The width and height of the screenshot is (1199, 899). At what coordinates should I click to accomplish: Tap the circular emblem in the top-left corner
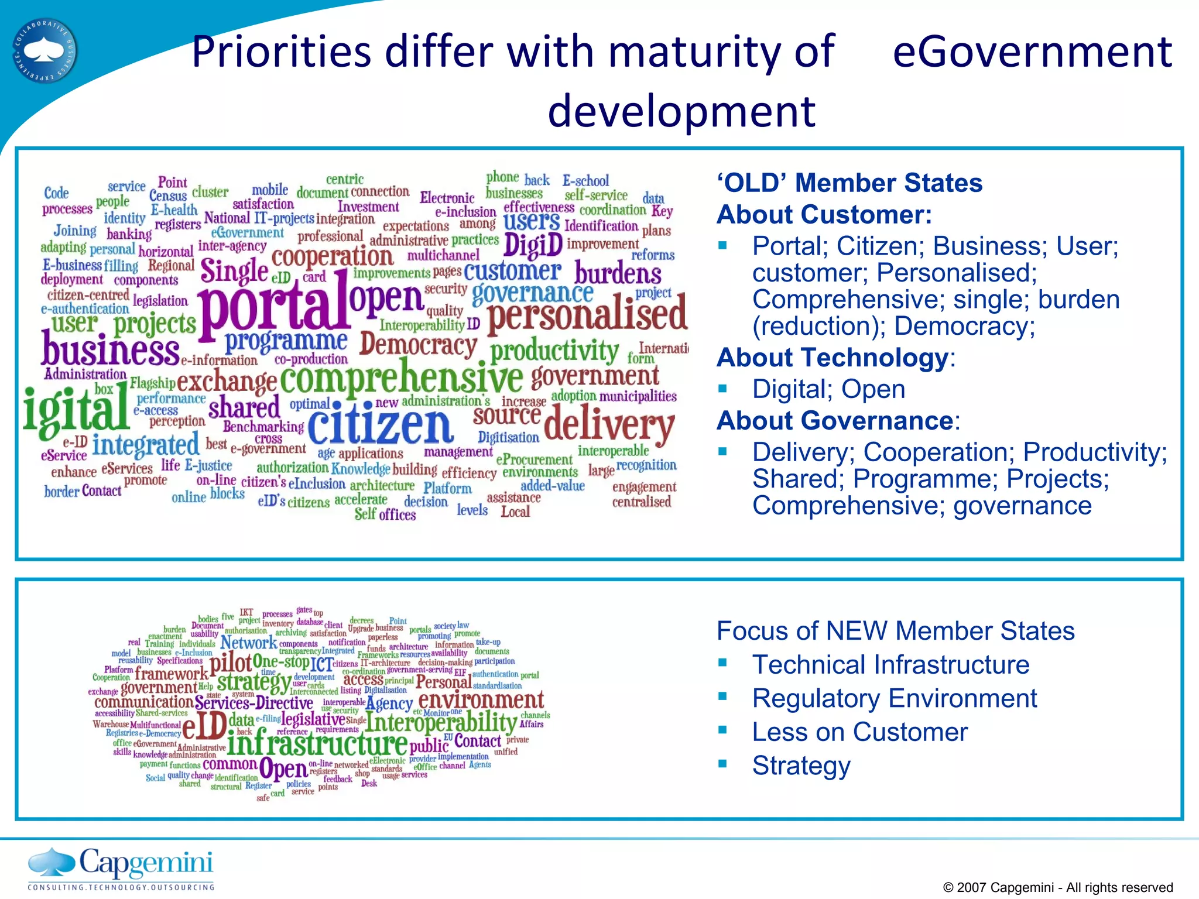click(45, 50)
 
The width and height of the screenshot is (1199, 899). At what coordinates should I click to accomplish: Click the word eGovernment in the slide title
click(1032, 52)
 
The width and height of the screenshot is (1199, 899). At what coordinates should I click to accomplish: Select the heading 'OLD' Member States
click(849, 183)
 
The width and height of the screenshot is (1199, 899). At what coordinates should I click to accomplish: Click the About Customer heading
click(824, 214)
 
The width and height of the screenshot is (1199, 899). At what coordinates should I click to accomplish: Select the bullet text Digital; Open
click(828, 389)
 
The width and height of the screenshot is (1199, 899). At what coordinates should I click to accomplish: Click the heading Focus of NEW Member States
click(896, 631)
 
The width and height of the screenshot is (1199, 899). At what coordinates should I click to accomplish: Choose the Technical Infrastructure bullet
click(890, 665)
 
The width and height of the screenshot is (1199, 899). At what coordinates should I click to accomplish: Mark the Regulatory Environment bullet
click(894, 698)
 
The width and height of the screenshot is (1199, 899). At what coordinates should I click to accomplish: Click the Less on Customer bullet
click(859, 732)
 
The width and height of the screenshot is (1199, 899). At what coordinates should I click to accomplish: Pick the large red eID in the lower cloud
click(204, 726)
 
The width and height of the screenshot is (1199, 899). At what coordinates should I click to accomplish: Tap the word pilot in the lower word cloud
click(231, 663)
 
